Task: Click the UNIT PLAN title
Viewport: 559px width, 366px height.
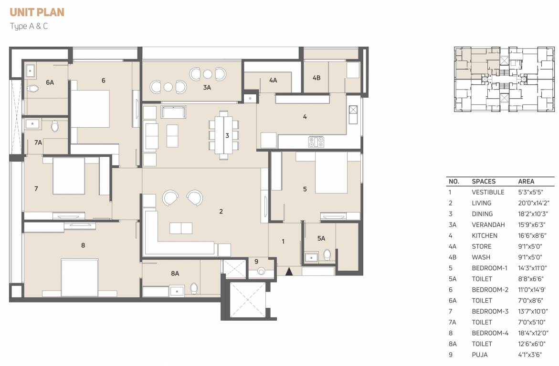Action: [37, 12]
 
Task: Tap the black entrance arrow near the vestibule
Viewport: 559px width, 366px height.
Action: [288, 272]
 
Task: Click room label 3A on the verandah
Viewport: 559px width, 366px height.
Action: [207, 88]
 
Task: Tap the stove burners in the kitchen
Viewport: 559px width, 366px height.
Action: [316, 142]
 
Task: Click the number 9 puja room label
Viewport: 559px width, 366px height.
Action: [256, 261]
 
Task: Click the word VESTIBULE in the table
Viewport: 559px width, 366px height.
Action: [488, 192]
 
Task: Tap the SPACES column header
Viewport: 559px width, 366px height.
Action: [484, 181]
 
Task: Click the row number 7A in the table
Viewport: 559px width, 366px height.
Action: [453, 322]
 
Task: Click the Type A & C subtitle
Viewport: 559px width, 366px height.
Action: [29, 26]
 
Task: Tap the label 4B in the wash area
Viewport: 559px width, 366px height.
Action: [316, 77]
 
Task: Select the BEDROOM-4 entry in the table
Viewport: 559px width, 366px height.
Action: [490, 333]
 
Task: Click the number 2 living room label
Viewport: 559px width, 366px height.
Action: [221, 211]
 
